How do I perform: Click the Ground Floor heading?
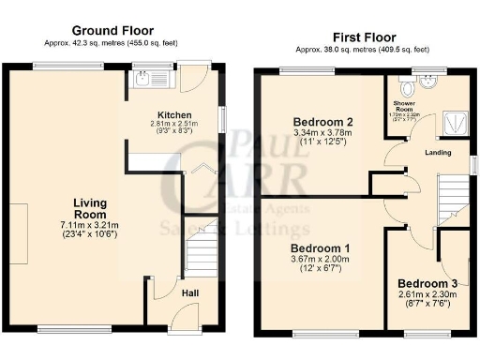tap(112, 31)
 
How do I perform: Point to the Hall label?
tap(187, 293)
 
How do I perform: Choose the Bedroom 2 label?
tap(322, 122)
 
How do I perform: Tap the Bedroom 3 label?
tap(427, 283)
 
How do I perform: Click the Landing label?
tap(438, 153)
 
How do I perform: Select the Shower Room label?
tap(403, 107)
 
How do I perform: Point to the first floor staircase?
tap(452, 199)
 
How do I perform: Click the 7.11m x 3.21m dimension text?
tap(91, 225)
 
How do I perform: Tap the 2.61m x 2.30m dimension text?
tap(427, 295)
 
